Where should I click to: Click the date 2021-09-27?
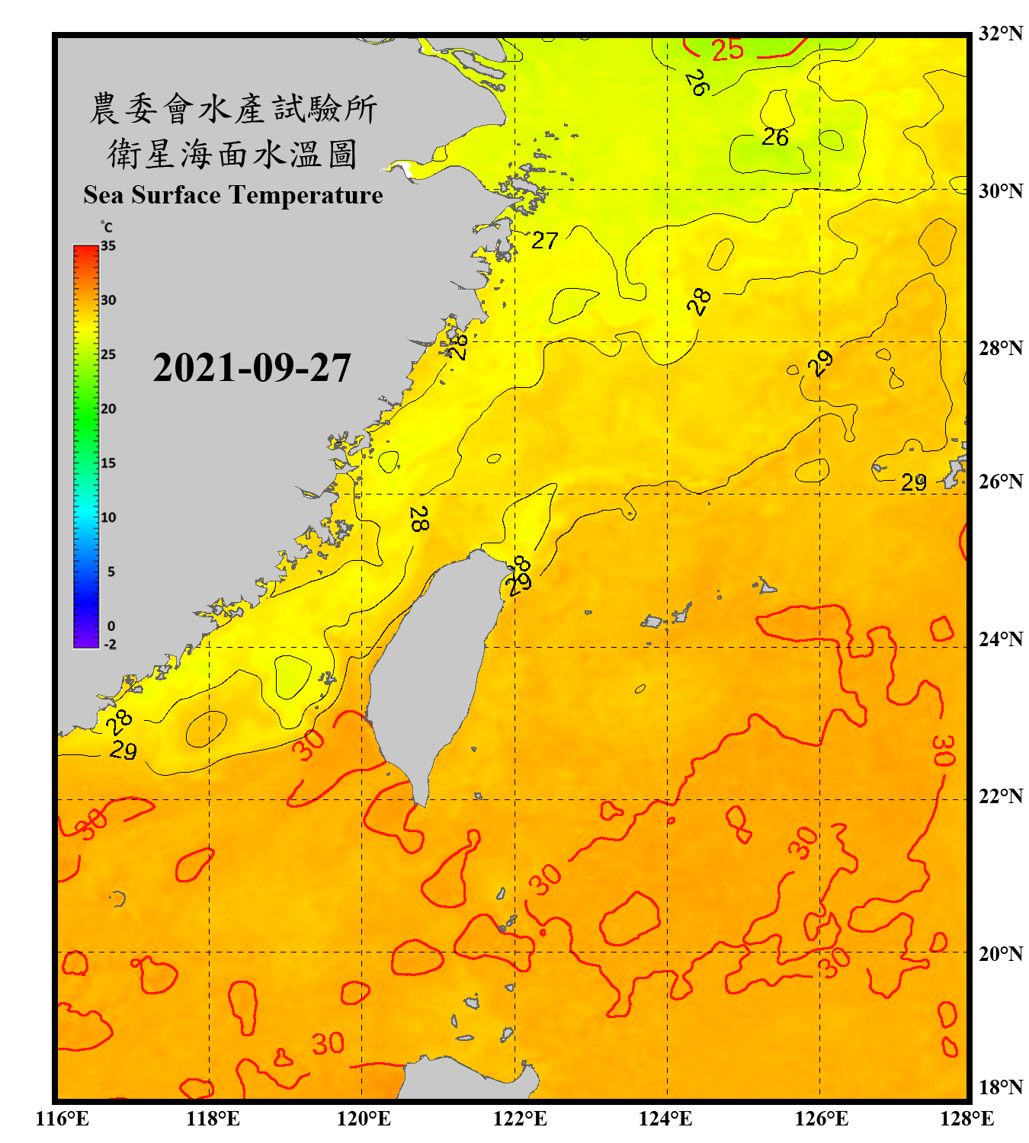[252, 368]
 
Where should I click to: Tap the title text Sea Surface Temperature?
[233, 195]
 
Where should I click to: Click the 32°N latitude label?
[1000, 34]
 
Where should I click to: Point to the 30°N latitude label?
[1000, 190]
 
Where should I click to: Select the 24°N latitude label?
[1000, 639]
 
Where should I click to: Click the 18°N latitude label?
[1000, 1087]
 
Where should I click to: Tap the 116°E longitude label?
[63, 1119]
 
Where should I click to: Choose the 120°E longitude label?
[364, 1119]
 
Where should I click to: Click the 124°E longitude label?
[665, 1119]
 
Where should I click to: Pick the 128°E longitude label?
[966, 1119]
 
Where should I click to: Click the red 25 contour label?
[727, 50]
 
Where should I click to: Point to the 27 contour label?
[544, 241]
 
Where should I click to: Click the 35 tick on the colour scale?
[108, 246]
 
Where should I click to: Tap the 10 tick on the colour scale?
[108, 517]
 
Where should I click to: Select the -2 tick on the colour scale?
[110, 644]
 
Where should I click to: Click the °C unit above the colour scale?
[107, 227]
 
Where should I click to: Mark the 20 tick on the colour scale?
[108, 409]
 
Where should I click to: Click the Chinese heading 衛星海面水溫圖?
[232, 154]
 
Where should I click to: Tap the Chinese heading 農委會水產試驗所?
[232, 109]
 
